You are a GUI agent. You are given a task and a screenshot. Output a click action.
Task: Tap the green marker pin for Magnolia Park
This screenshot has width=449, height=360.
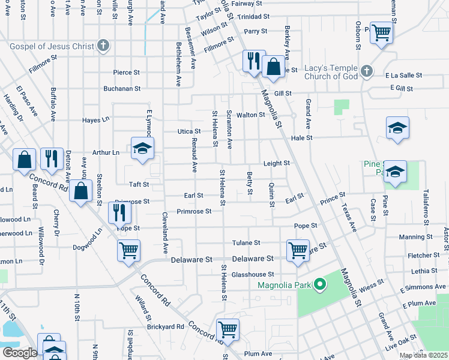pyautogui.click(x=320, y=284)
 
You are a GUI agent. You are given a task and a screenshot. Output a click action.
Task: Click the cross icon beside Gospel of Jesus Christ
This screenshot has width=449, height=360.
pyautogui.click(x=103, y=46)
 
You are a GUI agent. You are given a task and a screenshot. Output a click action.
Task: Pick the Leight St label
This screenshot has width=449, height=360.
pyautogui.click(x=277, y=163)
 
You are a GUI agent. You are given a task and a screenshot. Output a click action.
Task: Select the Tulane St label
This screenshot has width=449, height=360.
pyautogui.click(x=246, y=243)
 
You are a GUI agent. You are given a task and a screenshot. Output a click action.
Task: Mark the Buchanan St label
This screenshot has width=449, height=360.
pyautogui.click(x=121, y=88)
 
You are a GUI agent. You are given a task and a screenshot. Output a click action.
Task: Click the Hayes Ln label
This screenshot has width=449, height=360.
pyautogui.click(x=96, y=120)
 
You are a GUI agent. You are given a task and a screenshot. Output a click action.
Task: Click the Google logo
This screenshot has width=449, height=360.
pyautogui.click(x=20, y=353)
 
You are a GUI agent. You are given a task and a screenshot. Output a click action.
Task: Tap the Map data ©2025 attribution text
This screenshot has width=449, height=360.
pyautogui.click(x=423, y=355)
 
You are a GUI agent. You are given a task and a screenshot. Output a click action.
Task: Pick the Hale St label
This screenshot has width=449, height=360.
pyautogui.click(x=302, y=137)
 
